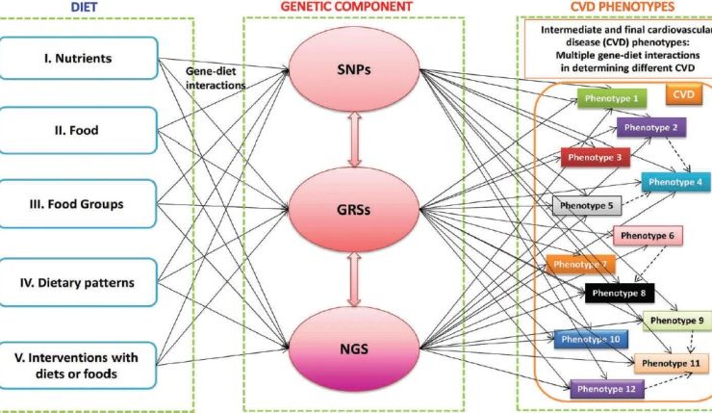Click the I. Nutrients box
click(x=78, y=59)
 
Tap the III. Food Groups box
click(x=78, y=204)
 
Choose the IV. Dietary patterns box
click(x=78, y=282)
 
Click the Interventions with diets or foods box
click(x=78, y=365)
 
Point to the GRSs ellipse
click(x=357, y=205)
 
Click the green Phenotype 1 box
click(x=613, y=98)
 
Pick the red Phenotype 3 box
click(x=592, y=157)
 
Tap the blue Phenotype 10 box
click(x=591, y=339)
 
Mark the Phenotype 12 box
click(x=605, y=390)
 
